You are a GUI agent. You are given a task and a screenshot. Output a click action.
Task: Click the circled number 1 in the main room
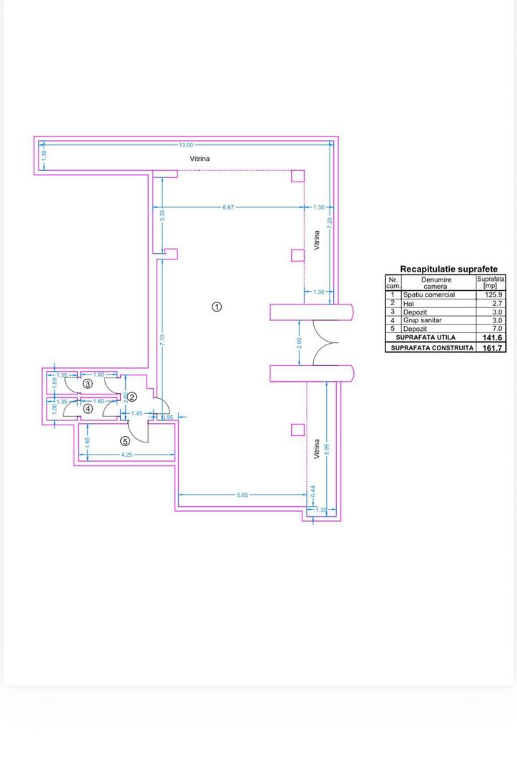[x=217, y=307]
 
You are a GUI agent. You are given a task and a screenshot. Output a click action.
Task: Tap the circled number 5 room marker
[x=125, y=441]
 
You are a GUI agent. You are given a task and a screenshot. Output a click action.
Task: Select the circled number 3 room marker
[x=87, y=384]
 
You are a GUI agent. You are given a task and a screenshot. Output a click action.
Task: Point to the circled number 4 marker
[x=87, y=409]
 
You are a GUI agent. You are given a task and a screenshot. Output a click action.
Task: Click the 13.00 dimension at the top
[x=185, y=145]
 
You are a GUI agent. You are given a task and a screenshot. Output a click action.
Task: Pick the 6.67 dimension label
[x=228, y=207]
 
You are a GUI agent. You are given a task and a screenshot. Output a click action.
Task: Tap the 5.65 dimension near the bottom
[x=243, y=494]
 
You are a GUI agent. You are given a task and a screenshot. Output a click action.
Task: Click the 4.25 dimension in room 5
[x=127, y=455]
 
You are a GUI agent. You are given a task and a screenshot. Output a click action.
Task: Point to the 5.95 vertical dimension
[x=326, y=450]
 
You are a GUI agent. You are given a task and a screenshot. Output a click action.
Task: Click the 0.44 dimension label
[x=312, y=493]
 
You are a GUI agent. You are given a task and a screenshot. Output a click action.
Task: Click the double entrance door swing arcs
[x=325, y=343]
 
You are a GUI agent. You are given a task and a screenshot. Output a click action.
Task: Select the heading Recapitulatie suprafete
[x=448, y=269]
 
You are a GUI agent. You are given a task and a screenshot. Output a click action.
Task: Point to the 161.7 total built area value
[x=493, y=348]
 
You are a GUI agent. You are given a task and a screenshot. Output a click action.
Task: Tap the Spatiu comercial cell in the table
[x=428, y=295]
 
